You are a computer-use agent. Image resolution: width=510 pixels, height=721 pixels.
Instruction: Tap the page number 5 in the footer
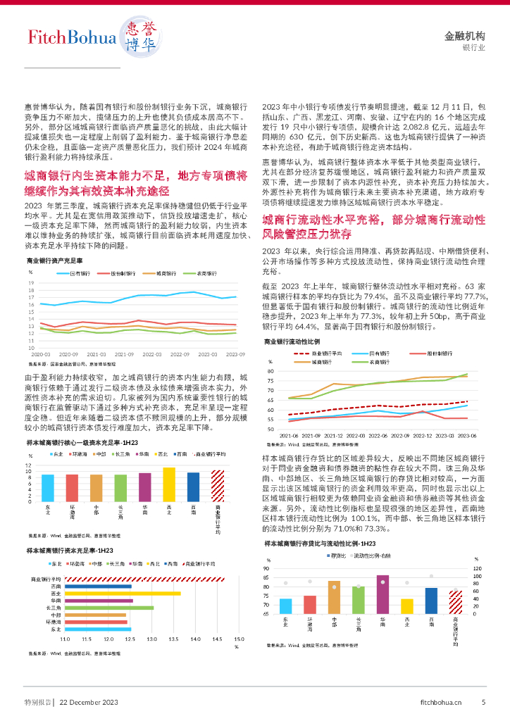[x=483, y=702]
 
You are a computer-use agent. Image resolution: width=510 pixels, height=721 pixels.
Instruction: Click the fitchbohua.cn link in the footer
[x=441, y=702]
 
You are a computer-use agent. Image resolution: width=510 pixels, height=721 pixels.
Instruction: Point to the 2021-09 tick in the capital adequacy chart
[x=125, y=354]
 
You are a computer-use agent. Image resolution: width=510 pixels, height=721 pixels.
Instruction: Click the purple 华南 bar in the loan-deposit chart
[x=382, y=594]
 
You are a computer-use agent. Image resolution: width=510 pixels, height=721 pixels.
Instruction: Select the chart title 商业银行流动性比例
[x=292, y=341]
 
